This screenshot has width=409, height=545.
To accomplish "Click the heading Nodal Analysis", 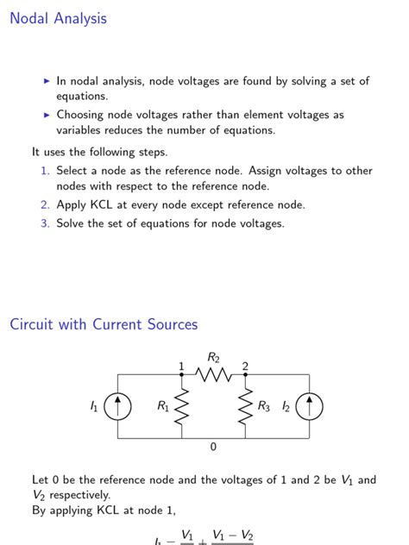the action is [58, 18].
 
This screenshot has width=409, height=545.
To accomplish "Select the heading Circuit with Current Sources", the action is [104, 325].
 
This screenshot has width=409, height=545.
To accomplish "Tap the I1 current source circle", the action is [117, 407].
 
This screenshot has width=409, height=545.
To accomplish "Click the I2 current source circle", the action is [309, 407].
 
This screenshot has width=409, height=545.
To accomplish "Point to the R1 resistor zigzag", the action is [182, 407].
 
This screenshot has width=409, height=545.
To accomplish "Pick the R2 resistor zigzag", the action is [213, 375].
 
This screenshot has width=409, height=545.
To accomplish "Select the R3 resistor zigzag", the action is [246, 407].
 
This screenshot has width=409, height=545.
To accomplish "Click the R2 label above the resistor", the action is [213, 357].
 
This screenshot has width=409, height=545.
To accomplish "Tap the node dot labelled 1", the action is [182, 375].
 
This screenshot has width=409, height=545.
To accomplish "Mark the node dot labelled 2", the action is [246, 375].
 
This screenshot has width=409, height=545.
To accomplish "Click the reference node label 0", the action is [213, 448].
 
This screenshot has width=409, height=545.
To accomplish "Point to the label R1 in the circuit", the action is [163, 407].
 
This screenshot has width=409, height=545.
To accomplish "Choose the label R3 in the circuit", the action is [263, 407].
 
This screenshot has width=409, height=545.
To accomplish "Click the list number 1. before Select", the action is [45, 171].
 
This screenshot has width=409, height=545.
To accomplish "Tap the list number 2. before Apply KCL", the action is [45, 205].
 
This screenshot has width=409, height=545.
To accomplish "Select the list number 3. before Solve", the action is [45, 223].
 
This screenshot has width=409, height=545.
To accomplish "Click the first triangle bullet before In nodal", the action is [47, 81].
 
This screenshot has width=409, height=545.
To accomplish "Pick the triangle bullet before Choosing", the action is [47, 115].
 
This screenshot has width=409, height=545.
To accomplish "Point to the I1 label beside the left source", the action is [94, 407].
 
